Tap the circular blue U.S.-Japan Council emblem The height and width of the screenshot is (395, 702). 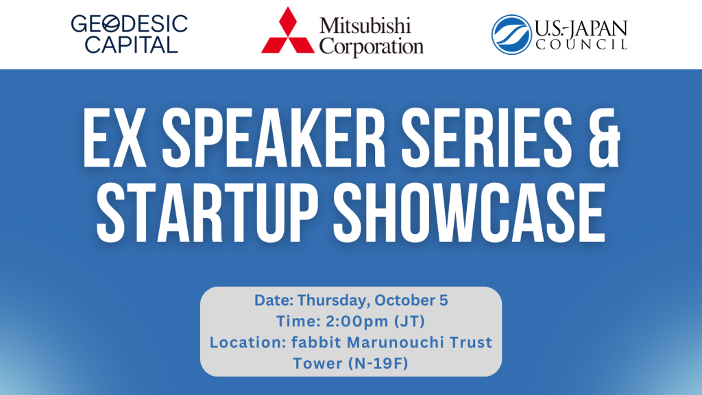click(511, 34)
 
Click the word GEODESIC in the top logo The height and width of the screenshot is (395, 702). click(130, 24)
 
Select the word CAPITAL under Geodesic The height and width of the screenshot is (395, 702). click(131, 45)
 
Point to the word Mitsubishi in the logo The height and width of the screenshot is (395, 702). click(365, 26)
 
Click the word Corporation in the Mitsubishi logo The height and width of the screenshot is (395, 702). click(371, 46)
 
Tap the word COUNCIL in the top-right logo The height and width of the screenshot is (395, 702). click(581, 45)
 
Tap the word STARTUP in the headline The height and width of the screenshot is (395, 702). click(207, 214)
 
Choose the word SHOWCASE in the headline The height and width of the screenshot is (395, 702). click(469, 214)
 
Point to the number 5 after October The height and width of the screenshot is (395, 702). click(444, 300)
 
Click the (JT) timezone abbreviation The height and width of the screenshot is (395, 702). click(410, 322)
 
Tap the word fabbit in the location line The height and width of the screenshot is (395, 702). click(317, 342)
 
